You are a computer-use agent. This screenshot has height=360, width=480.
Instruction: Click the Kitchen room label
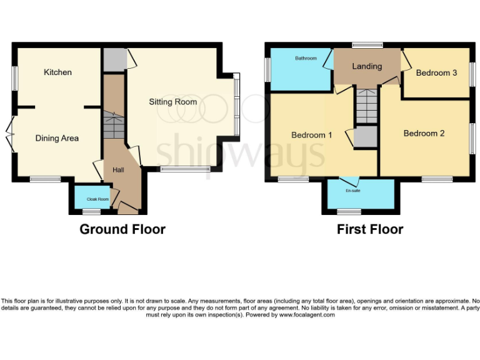(x=57, y=72)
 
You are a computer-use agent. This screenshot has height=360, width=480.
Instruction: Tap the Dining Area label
(x=57, y=138)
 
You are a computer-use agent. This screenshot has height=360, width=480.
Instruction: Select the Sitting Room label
(x=172, y=102)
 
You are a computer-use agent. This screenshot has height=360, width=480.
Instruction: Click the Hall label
(x=119, y=169)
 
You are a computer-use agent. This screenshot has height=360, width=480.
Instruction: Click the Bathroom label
(x=306, y=58)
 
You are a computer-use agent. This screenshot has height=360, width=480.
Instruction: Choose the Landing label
(x=367, y=66)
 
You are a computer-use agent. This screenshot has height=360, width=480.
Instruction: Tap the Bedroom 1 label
(x=311, y=135)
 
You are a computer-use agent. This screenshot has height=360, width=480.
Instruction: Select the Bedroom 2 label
(x=424, y=133)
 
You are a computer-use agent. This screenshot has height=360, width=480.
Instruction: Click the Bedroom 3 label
(x=436, y=73)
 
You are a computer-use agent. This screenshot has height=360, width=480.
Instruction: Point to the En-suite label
(x=353, y=191)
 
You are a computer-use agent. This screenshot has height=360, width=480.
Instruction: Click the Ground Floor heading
(x=122, y=229)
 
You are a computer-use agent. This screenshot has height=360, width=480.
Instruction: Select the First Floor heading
(x=370, y=229)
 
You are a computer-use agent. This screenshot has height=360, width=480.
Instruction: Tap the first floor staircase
(x=367, y=106)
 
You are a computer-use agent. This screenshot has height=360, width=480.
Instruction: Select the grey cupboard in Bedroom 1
(x=366, y=137)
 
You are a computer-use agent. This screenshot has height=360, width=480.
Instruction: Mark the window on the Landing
(x=367, y=45)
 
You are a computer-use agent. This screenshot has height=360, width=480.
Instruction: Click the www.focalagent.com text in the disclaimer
(x=307, y=315)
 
